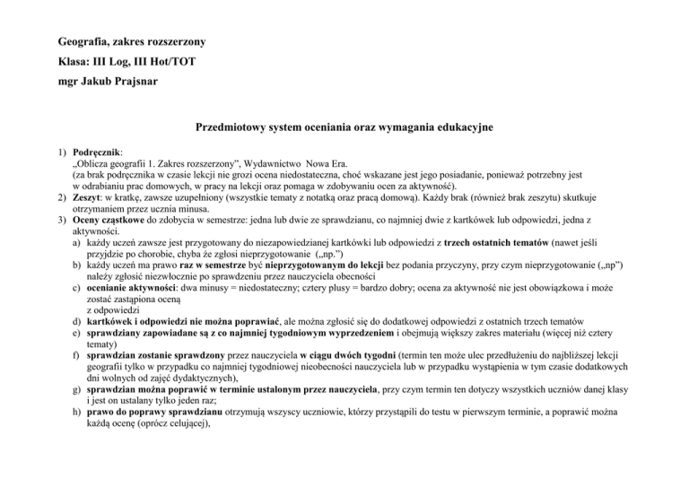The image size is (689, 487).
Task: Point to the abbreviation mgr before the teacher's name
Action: (70, 90)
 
